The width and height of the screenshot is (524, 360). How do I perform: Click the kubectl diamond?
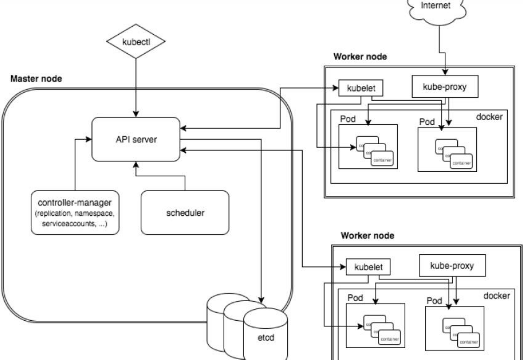(x=136, y=41)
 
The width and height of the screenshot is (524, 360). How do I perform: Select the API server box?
(x=136, y=139)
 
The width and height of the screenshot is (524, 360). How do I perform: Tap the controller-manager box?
(x=75, y=213)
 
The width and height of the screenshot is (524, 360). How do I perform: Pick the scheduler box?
(x=185, y=213)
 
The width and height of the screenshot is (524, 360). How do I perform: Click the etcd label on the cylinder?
(x=266, y=338)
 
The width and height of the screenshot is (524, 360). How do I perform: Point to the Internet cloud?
(x=436, y=7)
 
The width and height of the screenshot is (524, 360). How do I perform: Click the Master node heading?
(x=36, y=79)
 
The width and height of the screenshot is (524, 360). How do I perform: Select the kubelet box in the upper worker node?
(x=361, y=88)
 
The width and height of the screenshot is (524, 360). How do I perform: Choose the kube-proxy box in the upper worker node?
(x=445, y=87)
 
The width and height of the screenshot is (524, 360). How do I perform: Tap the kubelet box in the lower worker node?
(x=368, y=267)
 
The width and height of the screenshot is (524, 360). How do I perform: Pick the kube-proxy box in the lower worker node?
(x=452, y=266)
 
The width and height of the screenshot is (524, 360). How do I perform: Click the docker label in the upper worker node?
(x=489, y=117)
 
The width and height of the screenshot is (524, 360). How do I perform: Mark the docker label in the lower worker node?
(x=497, y=296)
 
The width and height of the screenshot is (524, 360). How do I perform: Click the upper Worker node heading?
(x=360, y=57)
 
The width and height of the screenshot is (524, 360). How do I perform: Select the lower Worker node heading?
(x=367, y=236)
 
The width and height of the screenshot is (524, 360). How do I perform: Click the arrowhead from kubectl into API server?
(x=136, y=114)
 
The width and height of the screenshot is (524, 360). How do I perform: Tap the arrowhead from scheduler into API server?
(x=136, y=164)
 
